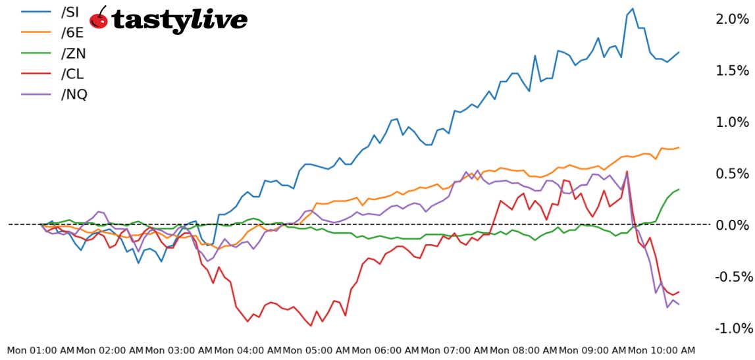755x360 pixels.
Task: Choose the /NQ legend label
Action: pos(74,94)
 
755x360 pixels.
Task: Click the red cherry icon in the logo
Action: pos(99,18)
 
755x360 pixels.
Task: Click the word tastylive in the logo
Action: pos(179,20)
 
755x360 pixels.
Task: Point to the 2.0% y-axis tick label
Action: pos(731,19)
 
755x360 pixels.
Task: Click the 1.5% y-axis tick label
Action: pos(731,70)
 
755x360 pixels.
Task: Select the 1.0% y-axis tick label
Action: pos(731,122)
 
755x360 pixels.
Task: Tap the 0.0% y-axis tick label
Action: pos(731,225)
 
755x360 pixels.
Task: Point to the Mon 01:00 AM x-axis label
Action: pos(41,351)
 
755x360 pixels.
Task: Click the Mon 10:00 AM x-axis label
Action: pos(661,351)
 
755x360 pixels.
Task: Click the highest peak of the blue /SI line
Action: pos(633,9)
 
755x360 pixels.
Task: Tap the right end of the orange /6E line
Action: pos(679,147)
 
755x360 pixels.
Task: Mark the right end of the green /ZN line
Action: pos(679,190)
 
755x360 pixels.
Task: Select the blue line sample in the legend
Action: pos(37,13)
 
